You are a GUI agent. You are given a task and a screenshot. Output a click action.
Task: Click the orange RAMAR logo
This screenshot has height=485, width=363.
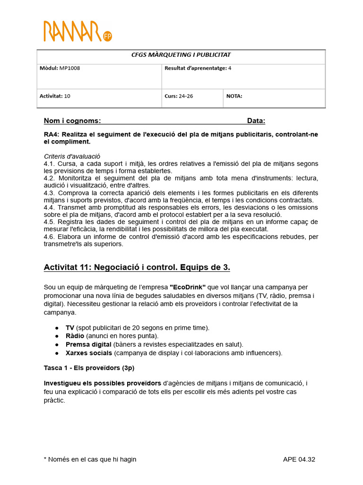(72, 31)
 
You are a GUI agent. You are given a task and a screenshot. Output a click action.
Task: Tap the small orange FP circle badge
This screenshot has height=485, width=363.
(107, 36)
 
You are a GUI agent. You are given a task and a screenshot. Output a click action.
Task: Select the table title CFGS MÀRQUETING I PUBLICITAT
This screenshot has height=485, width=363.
(181, 55)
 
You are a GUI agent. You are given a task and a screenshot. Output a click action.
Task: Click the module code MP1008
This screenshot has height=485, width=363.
(69, 68)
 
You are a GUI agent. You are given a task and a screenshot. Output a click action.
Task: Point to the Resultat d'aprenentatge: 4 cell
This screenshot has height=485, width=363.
(198, 68)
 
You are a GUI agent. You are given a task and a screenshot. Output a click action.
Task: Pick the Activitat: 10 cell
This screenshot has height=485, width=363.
(55, 96)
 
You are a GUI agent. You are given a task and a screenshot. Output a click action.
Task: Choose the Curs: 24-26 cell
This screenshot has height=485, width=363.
(179, 96)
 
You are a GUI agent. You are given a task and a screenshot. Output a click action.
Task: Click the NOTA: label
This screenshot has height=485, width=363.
(234, 96)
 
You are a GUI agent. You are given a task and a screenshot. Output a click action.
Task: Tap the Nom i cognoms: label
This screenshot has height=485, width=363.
(72, 121)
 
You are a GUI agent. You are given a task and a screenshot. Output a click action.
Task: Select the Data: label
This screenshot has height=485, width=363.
(256, 121)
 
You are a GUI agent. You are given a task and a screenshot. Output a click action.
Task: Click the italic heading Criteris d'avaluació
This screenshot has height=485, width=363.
(72, 156)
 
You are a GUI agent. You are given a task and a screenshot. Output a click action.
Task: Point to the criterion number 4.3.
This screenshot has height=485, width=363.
(50, 193)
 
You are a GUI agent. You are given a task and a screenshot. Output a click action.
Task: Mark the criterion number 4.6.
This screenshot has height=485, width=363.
(50, 236)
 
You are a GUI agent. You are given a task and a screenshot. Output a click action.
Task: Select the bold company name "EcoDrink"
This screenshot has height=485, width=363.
(188, 287)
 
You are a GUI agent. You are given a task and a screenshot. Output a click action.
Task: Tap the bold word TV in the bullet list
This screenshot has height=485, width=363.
(70, 328)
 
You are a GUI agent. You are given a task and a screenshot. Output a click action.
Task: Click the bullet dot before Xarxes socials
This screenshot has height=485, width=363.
(57, 353)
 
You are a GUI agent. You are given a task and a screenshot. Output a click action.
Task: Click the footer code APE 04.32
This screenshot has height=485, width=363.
(299, 459)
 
